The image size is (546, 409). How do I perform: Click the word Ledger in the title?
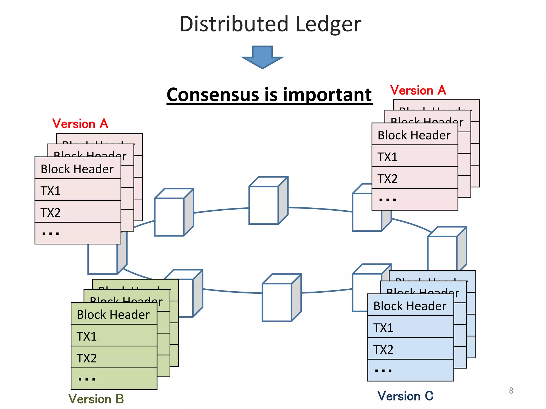click(328, 24)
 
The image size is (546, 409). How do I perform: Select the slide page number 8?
click(511, 390)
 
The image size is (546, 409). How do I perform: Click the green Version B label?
click(96, 399)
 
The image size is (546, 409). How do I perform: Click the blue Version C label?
click(405, 396)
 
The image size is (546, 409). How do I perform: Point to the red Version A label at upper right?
click(418, 90)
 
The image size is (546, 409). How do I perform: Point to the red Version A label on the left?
click(80, 124)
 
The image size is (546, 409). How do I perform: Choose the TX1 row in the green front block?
click(114, 336)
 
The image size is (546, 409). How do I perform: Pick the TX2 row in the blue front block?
click(411, 349)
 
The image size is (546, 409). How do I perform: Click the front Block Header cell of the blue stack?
click(411, 306)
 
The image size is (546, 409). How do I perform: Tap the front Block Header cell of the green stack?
click(114, 314)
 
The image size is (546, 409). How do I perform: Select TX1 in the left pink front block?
click(78, 191)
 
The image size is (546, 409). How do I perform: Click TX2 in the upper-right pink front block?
click(415, 178)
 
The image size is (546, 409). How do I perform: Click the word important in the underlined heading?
click(327, 95)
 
